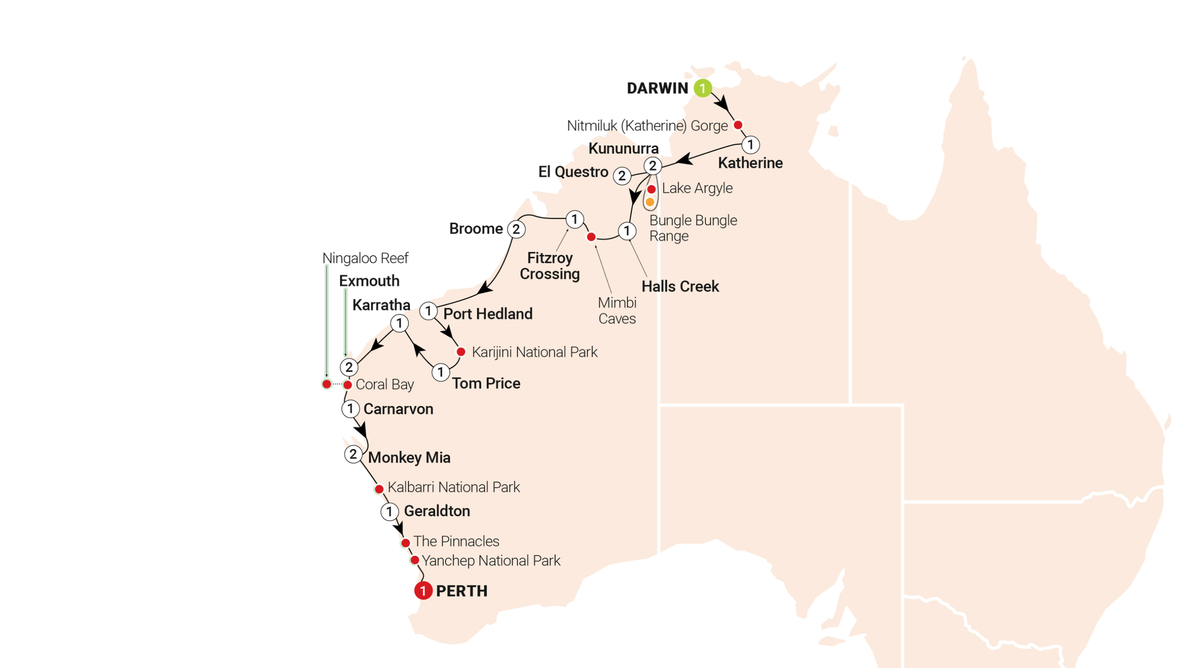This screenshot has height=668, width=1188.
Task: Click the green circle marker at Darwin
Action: pos(703,88)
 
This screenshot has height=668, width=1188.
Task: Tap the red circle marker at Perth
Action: pos(423,591)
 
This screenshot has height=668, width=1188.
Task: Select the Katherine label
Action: pos(750,163)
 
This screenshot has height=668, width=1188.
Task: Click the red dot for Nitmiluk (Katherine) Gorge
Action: pos(738,125)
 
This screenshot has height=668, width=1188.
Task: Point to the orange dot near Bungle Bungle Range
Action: pos(650,202)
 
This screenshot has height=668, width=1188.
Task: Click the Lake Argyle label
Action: pos(697,188)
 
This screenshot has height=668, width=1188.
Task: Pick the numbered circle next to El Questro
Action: pos(622,176)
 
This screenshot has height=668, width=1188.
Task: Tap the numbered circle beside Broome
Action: pos(516,229)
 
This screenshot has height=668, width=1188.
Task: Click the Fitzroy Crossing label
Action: pos(549,266)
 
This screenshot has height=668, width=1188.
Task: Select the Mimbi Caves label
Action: pos(617,310)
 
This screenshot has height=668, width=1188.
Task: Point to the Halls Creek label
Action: pos(680,286)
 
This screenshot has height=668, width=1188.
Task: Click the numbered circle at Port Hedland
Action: pos(428,311)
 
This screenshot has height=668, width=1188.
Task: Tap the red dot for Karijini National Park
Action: pos(461,352)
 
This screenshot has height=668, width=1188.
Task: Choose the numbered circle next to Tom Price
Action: pos(440,372)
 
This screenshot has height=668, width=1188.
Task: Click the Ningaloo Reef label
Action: pos(365,258)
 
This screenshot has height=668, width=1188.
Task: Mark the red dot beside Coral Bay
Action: pos(347,385)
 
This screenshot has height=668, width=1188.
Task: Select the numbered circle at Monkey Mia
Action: pos(353,454)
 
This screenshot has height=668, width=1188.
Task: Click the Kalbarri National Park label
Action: pos(453,487)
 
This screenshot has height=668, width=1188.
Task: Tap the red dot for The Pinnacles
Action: pos(405,542)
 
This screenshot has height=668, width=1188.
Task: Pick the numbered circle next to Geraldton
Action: pos(389,512)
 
